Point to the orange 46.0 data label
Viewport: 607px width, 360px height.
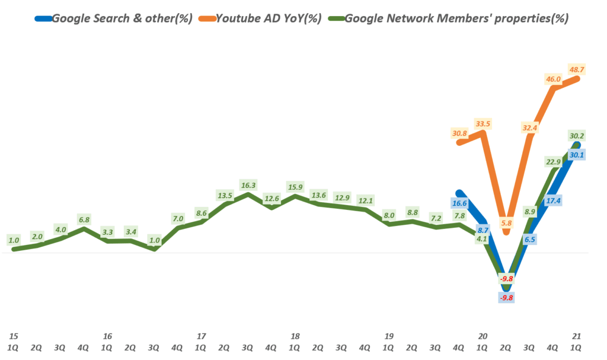(x=554, y=78)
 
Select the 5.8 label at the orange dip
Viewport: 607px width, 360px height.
(x=506, y=222)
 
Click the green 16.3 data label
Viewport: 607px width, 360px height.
(x=249, y=185)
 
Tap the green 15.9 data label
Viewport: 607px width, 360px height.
(x=295, y=188)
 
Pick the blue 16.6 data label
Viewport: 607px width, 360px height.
(x=459, y=203)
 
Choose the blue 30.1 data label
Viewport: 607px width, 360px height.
(x=576, y=155)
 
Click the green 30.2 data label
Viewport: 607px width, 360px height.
(x=576, y=135)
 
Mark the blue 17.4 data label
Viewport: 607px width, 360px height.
(x=553, y=201)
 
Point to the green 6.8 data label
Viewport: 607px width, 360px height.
(x=84, y=219)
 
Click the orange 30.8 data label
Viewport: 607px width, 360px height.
(x=459, y=134)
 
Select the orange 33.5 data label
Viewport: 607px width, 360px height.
(x=483, y=124)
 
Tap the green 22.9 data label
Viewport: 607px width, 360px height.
(x=553, y=161)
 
